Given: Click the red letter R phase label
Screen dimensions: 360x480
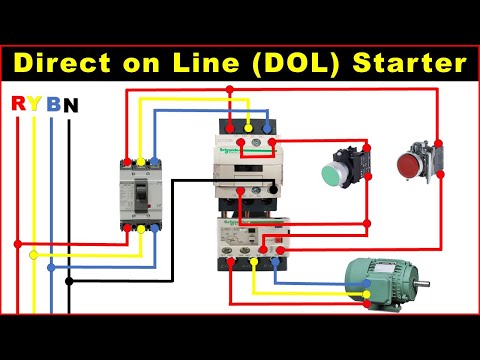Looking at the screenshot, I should pyautogui.click(x=17, y=104).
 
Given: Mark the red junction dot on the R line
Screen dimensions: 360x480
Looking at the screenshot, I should pyautogui.click(x=17, y=242).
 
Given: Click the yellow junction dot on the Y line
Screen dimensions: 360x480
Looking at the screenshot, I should pyautogui.click(x=34, y=255).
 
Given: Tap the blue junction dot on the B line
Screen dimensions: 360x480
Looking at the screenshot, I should pyautogui.click(x=51, y=268).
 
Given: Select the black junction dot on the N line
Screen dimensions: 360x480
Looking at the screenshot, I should pyautogui.click(x=69, y=281).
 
